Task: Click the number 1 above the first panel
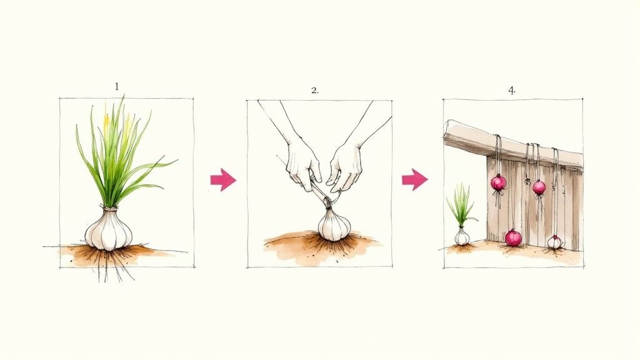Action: pyautogui.click(x=116, y=87)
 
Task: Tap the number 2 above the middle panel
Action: pyautogui.click(x=314, y=90)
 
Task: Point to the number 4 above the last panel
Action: pyautogui.click(x=511, y=90)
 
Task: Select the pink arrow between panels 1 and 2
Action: pyautogui.click(x=223, y=180)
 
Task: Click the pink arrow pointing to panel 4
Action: pyautogui.click(x=414, y=180)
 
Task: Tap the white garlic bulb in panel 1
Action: pyautogui.click(x=109, y=230)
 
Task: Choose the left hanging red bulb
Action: pyautogui.click(x=498, y=182)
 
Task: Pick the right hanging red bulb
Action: pyautogui.click(x=539, y=187)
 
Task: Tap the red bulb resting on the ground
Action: pyautogui.click(x=513, y=237)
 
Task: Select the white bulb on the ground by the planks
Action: pyautogui.click(x=554, y=242)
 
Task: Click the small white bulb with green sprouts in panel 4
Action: pyautogui.click(x=461, y=237)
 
